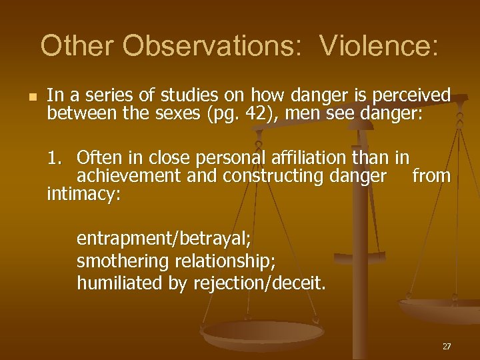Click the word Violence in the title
pos(379,45)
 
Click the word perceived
pos(410,95)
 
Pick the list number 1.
pos(55,159)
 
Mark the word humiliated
pos(119,283)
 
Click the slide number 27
pos(447,347)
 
